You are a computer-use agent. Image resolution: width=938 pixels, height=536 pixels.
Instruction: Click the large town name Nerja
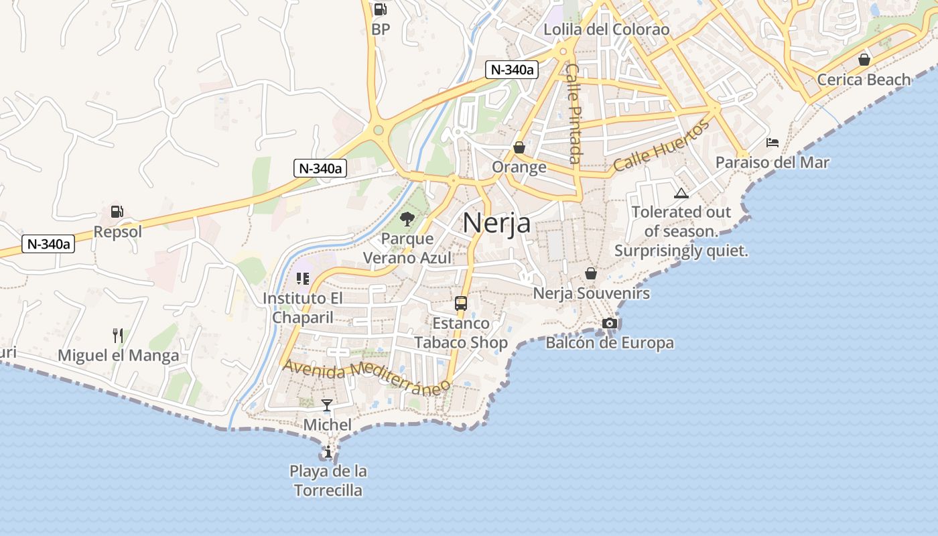[496, 223]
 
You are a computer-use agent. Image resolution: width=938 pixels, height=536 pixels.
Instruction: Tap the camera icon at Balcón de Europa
[609, 324]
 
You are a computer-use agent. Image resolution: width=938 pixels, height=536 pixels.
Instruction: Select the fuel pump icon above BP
[380, 9]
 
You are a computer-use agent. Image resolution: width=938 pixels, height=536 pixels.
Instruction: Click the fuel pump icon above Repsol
[117, 212]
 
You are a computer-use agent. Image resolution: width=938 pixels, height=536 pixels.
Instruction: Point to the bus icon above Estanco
[461, 303]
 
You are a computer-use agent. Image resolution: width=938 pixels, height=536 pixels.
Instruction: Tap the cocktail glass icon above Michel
[327, 405]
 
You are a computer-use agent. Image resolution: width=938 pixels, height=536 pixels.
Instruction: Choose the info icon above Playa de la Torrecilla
[328, 452]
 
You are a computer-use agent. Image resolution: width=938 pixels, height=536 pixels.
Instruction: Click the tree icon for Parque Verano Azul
[407, 218]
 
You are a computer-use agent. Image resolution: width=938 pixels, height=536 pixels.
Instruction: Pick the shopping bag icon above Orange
[519, 147]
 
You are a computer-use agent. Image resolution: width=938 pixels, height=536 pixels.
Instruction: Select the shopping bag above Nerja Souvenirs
[591, 273]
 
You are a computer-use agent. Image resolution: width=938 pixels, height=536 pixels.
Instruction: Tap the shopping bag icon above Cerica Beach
[864, 60]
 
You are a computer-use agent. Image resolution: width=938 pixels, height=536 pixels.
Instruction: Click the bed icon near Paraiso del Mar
[773, 143]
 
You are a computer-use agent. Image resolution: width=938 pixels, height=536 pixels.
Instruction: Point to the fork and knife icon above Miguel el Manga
[118, 335]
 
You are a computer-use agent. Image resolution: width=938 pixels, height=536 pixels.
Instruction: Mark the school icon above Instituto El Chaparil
[303, 278]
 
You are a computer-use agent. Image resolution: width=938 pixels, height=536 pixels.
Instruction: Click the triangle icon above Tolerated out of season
[681, 194]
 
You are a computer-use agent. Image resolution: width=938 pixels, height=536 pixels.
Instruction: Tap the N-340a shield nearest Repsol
[48, 244]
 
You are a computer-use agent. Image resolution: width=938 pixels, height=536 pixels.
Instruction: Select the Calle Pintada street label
[574, 113]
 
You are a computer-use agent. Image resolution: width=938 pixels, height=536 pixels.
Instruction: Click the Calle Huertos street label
[661, 146]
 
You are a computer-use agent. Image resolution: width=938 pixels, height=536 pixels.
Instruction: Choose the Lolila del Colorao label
[606, 29]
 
